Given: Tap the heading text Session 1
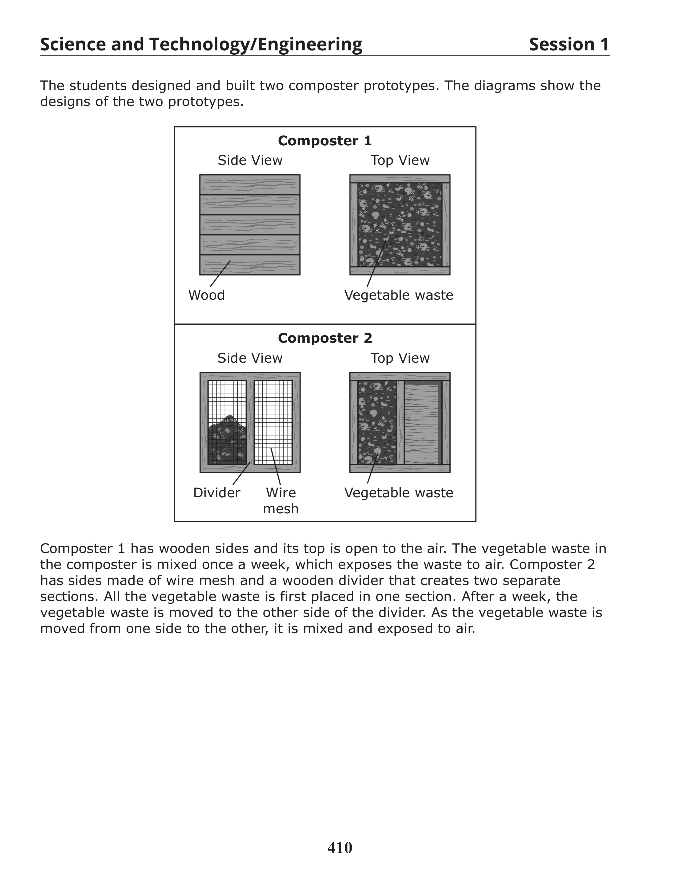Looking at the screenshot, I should click(569, 44).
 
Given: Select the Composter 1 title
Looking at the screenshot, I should click(325, 141).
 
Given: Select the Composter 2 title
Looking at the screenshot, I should click(325, 338).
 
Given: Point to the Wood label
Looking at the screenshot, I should click(206, 295).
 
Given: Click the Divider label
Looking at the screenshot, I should click(217, 493).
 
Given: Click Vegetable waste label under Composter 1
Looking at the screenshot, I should click(398, 295).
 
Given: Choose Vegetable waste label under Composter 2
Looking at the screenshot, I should click(398, 493).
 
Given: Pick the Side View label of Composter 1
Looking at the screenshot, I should click(250, 160).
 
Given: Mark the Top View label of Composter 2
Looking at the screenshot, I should click(400, 358).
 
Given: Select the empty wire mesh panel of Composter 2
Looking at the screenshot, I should click(273, 415).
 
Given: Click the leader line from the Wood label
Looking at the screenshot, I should click(220, 274).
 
